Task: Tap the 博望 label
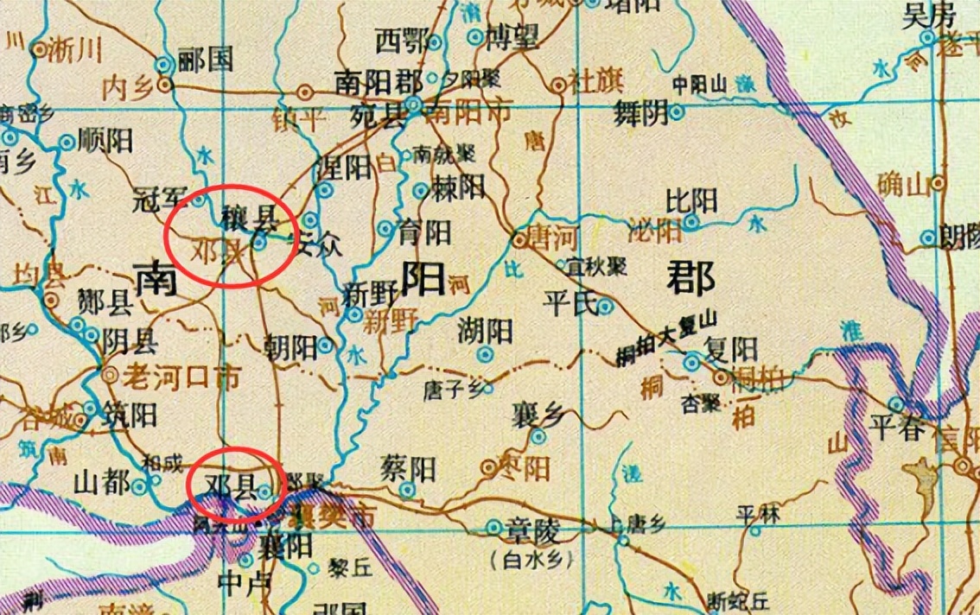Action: click(513, 37)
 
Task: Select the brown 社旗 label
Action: click(596, 83)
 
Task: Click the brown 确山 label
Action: click(899, 183)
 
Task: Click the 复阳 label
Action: click(732, 349)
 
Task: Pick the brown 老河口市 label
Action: click(174, 377)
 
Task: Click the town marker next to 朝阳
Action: click(325, 346)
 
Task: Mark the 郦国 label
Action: click(206, 60)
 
